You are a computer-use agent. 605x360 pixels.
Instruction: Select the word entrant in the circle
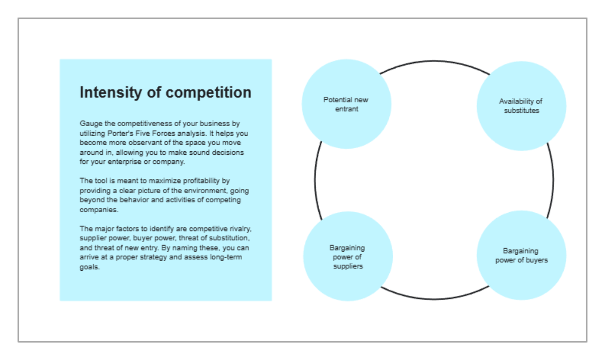[x=346, y=109]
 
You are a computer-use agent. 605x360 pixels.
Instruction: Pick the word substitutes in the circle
[x=521, y=110]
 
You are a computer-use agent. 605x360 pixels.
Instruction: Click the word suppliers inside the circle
[x=347, y=266]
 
